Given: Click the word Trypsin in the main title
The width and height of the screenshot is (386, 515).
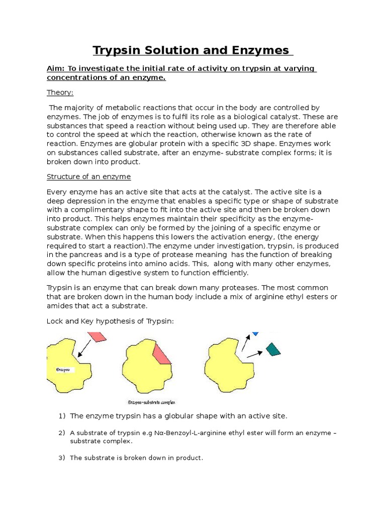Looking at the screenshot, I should pyautogui.click(x=118, y=50).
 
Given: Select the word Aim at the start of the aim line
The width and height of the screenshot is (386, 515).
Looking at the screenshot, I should pyautogui.click(x=55, y=68).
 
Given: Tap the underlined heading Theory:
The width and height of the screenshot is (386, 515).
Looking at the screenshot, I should pyautogui.click(x=60, y=93).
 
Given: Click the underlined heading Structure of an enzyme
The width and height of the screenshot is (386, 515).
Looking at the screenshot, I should pyautogui.click(x=88, y=177).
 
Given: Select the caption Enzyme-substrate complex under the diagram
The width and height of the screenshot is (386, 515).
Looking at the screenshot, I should pyautogui.click(x=151, y=402).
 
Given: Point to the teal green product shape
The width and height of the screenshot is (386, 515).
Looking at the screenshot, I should pyautogui.click(x=273, y=349).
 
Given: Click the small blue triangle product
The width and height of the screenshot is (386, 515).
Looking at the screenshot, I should pyautogui.click(x=255, y=333).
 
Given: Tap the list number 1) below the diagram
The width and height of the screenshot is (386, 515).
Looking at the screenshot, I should pyautogui.click(x=62, y=416).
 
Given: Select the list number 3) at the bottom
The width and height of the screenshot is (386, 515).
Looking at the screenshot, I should pyautogui.click(x=62, y=458).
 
